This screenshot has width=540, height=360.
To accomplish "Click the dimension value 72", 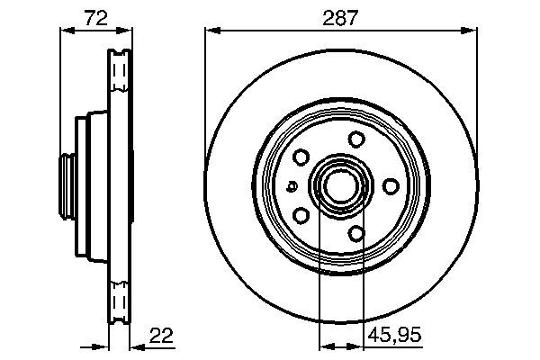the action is (x=96, y=18).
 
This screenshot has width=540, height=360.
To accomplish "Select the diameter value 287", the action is (x=340, y=18).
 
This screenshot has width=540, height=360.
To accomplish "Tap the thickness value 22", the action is (x=161, y=335).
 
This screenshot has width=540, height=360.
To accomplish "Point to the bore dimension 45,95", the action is (x=395, y=335).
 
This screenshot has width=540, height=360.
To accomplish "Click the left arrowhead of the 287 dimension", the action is (x=212, y=31).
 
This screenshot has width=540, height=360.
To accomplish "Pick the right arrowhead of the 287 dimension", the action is (x=469, y=31).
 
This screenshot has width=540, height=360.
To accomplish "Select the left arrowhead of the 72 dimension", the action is (x=67, y=31).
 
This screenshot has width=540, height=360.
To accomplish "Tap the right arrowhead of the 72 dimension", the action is (x=124, y=31).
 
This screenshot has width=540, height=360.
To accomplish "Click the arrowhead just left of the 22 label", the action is (x=138, y=346).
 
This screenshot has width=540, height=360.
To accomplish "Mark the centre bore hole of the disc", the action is (x=340, y=186).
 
